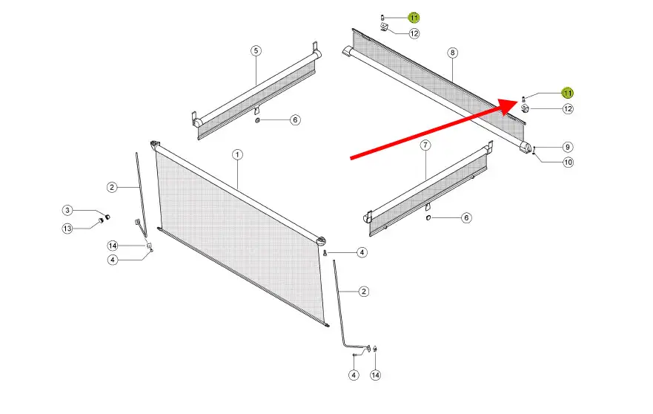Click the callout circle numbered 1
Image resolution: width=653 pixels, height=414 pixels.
[237, 155]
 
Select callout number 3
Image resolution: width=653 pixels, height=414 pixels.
[67, 210]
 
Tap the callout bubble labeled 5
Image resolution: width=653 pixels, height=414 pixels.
[256, 51]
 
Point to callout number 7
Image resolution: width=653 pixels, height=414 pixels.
[425, 145]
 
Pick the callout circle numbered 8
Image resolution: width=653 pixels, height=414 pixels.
[453, 53]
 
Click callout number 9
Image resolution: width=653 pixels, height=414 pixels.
[567, 147]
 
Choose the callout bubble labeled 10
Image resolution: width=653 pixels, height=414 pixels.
[568, 162]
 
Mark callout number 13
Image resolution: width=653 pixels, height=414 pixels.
[67, 229]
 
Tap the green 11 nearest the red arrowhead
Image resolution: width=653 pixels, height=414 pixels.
[568, 93]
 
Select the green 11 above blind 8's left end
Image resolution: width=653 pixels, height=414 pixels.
[414, 18]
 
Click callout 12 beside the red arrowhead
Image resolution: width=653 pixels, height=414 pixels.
[568, 109]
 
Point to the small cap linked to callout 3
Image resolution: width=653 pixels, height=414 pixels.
[107, 217]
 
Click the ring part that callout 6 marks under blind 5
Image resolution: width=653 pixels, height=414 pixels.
[257, 120]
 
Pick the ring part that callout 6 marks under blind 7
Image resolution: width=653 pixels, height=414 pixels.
[428, 217]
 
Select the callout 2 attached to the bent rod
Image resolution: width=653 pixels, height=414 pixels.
[364, 292]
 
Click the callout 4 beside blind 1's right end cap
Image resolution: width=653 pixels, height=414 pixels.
[362, 252]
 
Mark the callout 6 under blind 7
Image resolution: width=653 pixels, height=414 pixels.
[466, 217]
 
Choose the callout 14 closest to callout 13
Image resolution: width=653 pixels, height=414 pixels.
[113, 246]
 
